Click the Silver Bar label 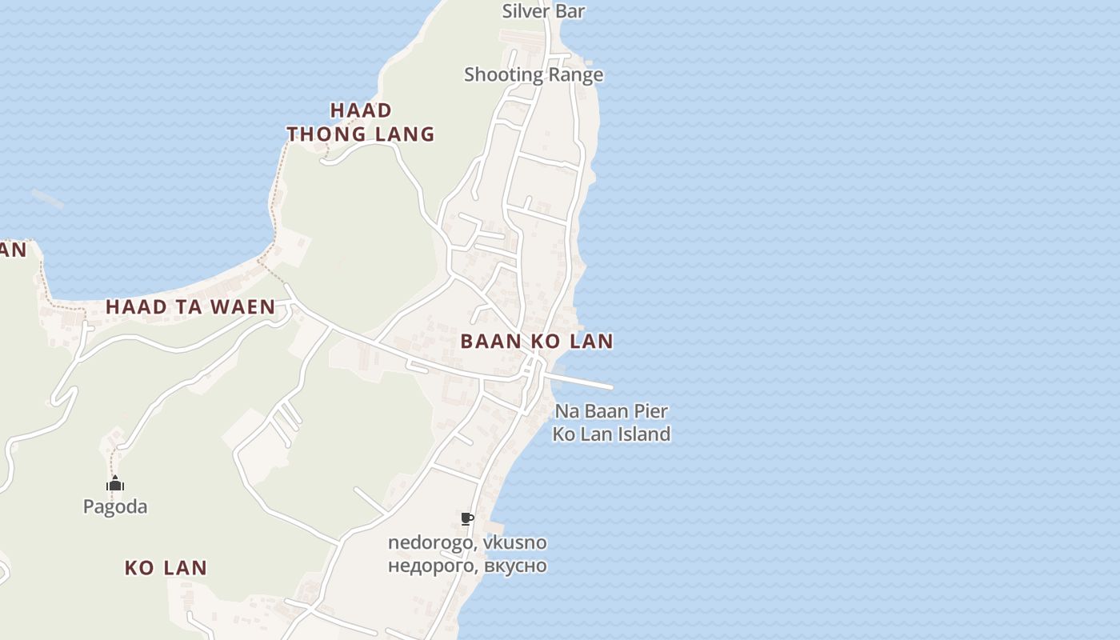pyautogui.click(x=543, y=11)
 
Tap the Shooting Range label pyautogui.click(x=534, y=74)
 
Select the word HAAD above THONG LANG pyautogui.click(x=361, y=110)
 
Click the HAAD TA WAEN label pyautogui.click(x=190, y=306)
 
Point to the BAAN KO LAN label pyautogui.click(x=537, y=342)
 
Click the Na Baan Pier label pyautogui.click(x=611, y=411)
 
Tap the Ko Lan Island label pyautogui.click(x=611, y=434)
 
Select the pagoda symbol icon pyautogui.click(x=115, y=484)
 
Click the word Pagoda pyautogui.click(x=115, y=506)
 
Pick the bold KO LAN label pyautogui.click(x=166, y=568)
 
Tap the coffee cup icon pyautogui.click(x=467, y=519)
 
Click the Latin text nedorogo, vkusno pyautogui.click(x=467, y=542)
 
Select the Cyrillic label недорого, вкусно pyautogui.click(x=467, y=566)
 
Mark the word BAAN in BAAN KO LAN pyautogui.click(x=487, y=342)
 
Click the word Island pyautogui.click(x=643, y=434)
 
